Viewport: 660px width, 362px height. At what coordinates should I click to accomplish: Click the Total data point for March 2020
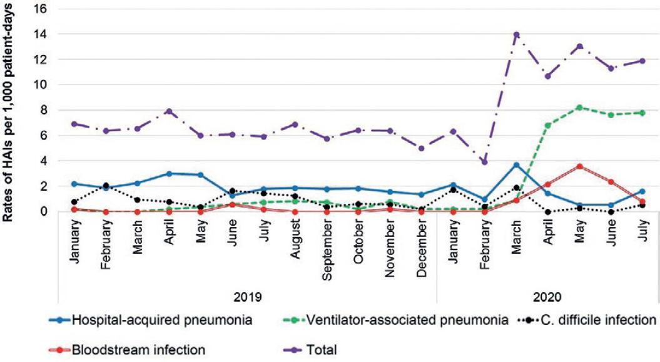tap(516, 34)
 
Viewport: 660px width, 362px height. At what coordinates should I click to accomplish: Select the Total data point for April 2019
tap(169, 111)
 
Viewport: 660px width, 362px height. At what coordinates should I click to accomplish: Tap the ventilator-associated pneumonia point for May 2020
tap(579, 108)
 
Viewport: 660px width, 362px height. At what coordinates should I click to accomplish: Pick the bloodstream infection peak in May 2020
tap(579, 166)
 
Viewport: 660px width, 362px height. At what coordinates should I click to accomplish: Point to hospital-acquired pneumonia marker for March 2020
tap(516, 164)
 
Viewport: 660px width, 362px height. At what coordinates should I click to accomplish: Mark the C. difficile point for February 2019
tap(106, 186)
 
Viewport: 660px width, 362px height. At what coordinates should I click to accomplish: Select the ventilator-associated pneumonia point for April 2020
tap(548, 125)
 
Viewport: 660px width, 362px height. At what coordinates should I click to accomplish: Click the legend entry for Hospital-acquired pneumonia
tap(162, 321)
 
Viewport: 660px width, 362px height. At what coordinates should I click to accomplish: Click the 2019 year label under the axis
tap(247, 296)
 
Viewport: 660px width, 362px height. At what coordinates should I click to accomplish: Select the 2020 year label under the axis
tap(547, 296)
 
